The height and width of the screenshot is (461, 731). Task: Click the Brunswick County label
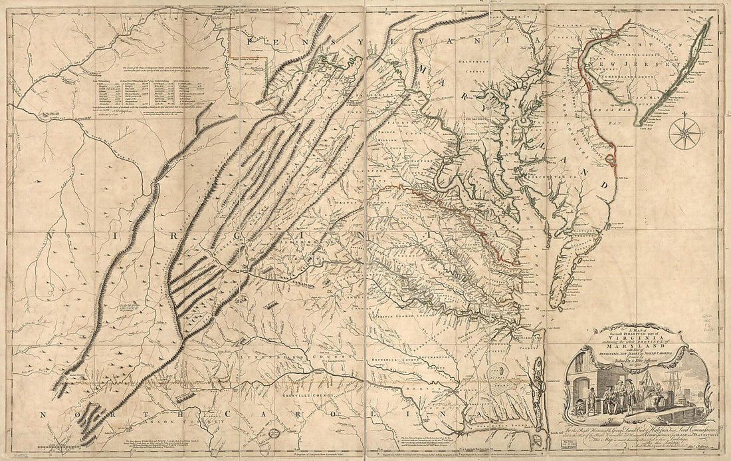pos(410,357)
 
